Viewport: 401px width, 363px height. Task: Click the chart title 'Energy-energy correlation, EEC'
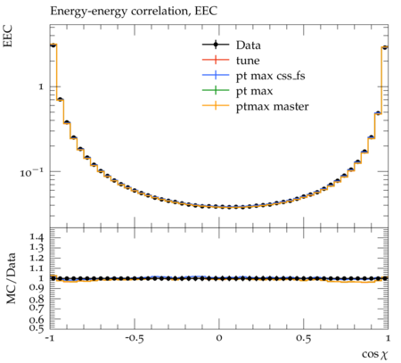134,12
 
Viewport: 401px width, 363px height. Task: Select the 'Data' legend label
249,45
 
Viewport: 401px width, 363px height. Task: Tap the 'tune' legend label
248,61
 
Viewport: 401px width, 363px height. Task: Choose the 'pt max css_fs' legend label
270,76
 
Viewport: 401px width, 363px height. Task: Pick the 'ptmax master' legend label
272,106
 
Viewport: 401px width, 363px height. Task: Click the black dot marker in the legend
216,45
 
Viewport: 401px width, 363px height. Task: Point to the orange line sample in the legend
216,105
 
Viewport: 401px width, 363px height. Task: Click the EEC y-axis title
7,36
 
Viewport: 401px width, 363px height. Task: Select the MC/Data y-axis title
11,278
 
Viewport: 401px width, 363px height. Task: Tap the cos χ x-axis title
375,354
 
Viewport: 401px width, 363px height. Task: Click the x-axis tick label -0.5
135,338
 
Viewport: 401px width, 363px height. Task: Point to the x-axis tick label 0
219,338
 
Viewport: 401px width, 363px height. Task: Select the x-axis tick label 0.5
304,338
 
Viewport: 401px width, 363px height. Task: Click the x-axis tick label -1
50,338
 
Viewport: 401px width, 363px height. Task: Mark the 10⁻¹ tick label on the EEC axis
32,172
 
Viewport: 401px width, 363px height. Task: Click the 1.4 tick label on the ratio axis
37,237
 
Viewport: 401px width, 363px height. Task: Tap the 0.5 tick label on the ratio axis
37,327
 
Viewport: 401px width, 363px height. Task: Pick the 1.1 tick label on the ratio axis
37,268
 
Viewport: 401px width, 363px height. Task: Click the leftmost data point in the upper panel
53,45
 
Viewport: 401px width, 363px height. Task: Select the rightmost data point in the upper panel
385,47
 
